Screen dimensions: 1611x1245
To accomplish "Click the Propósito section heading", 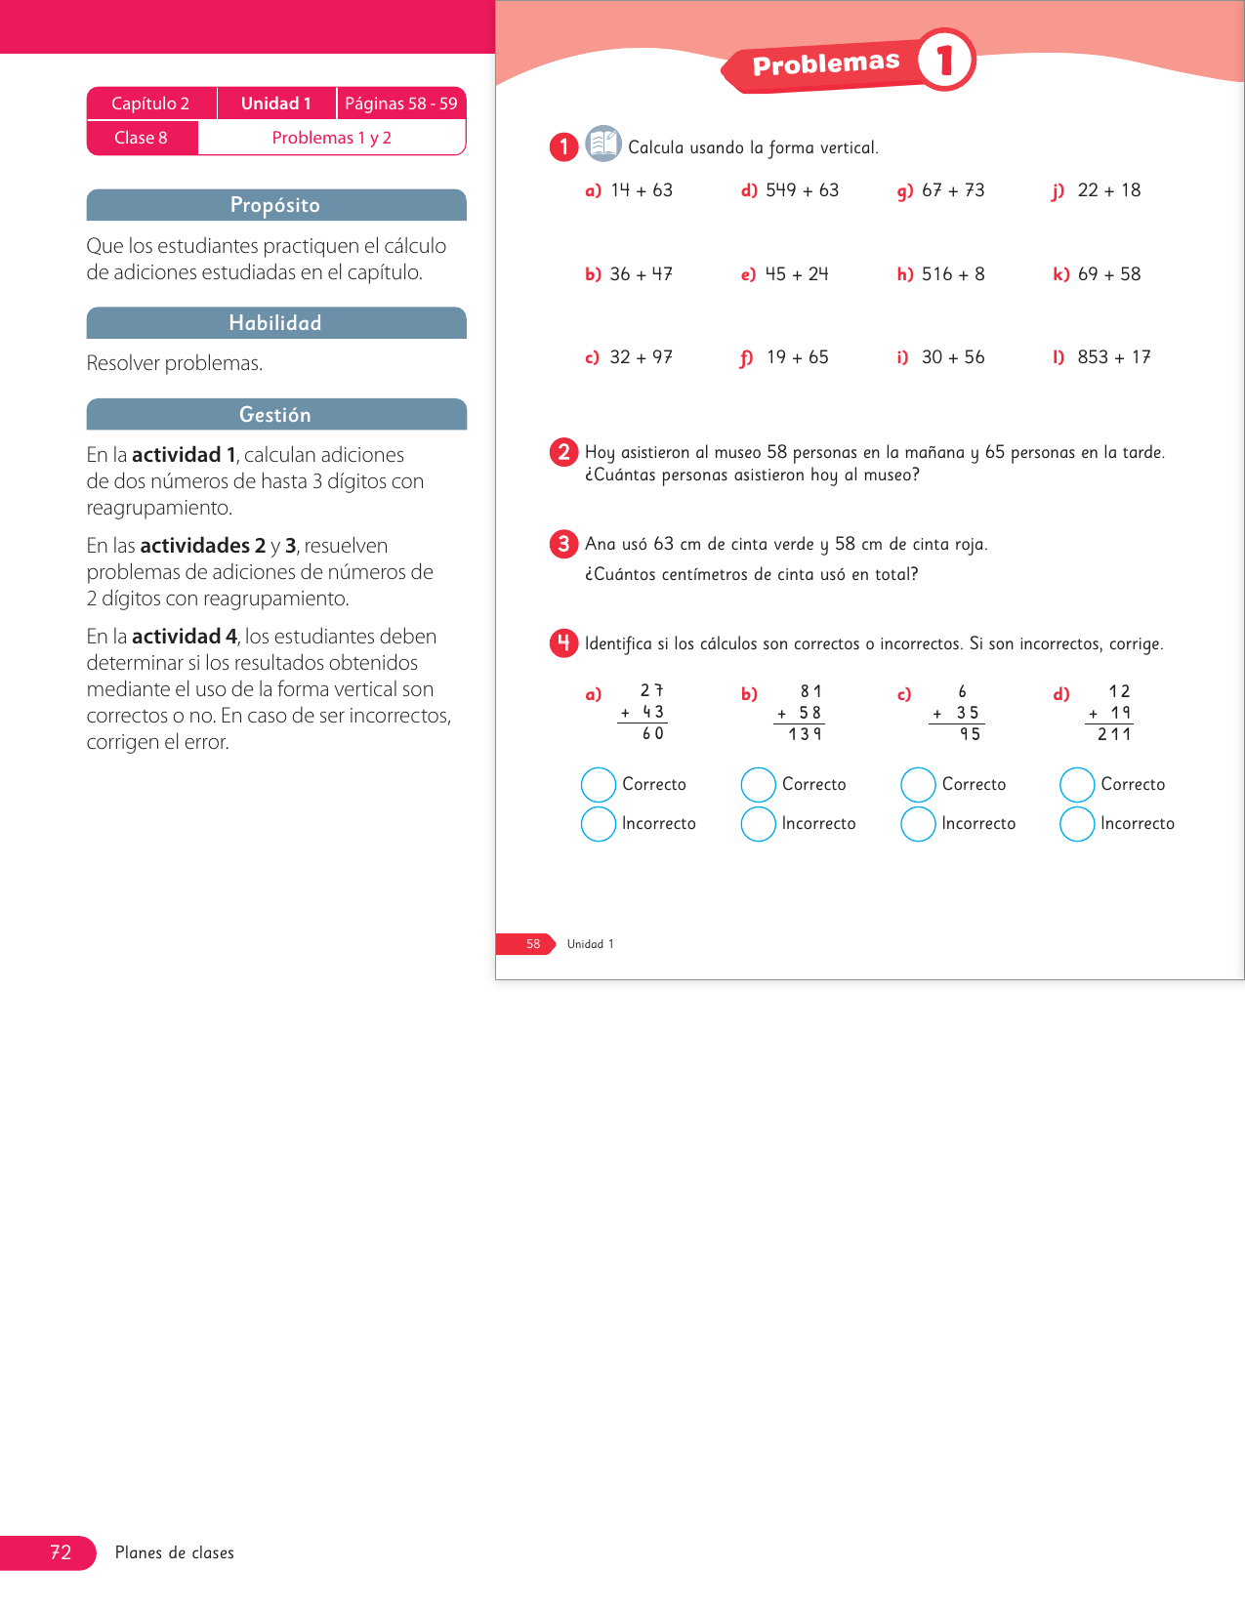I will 275,205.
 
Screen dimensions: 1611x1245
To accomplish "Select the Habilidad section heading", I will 275,323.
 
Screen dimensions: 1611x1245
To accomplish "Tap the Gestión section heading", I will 275,415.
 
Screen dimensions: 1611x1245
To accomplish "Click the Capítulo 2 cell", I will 150,103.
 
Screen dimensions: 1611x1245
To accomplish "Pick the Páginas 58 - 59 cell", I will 400,103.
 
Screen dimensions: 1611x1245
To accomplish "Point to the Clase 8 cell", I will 142,138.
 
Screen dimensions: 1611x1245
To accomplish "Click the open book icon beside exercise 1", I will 603,144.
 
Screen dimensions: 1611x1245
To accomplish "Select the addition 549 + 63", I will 802,190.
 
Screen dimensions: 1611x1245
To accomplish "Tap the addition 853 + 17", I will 1114,357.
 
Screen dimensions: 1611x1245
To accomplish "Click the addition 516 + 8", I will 953,274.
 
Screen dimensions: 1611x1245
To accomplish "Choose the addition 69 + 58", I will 1109,274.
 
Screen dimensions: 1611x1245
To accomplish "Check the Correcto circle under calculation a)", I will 599,785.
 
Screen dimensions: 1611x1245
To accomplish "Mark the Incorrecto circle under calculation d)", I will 1077,824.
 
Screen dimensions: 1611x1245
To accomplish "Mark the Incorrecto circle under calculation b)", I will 758,824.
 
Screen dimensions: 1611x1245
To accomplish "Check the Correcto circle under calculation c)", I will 918,785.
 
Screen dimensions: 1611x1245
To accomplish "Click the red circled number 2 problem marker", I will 563,452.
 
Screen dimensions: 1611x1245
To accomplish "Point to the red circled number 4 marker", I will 563,643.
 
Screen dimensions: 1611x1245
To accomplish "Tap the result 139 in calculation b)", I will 805,734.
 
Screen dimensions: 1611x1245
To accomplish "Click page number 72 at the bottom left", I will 61,1552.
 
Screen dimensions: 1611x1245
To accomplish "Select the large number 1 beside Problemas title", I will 945,61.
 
